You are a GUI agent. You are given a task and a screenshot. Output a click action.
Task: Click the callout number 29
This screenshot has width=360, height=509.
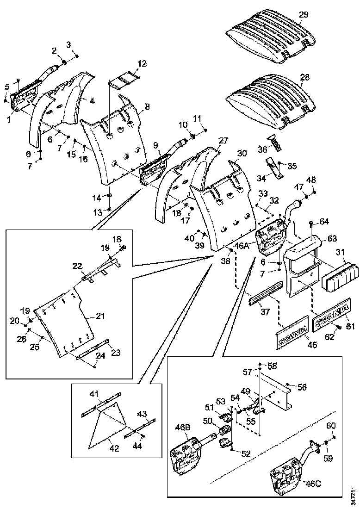[x=303, y=15]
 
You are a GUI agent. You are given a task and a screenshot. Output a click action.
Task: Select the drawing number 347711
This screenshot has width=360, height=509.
[x=354, y=495]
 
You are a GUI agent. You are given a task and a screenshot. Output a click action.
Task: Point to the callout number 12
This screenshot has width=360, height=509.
[x=142, y=63]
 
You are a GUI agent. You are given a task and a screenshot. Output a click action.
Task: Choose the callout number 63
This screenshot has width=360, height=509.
[x=332, y=239]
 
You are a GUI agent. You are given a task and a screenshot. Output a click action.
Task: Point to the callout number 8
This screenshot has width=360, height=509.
[x=147, y=106]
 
